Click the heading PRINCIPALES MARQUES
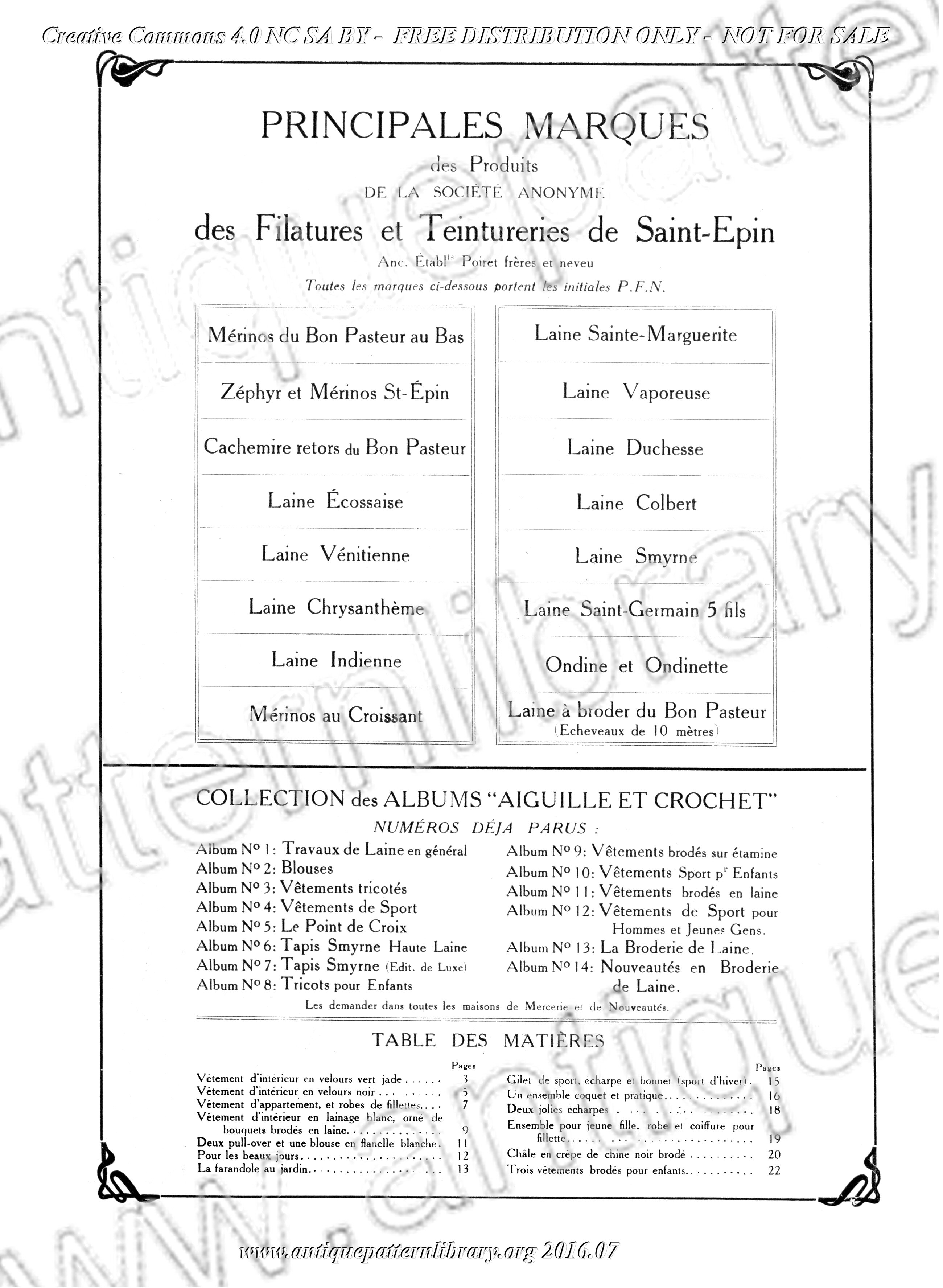coord(484,126)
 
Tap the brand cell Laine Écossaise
coord(335,502)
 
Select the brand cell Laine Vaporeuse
coord(636,392)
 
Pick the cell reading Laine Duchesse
coord(635,448)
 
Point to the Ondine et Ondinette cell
coord(636,666)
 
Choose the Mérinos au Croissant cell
coord(335,715)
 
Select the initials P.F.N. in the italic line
coord(642,287)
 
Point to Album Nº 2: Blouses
coord(264,869)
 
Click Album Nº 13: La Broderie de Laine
coord(628,948)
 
